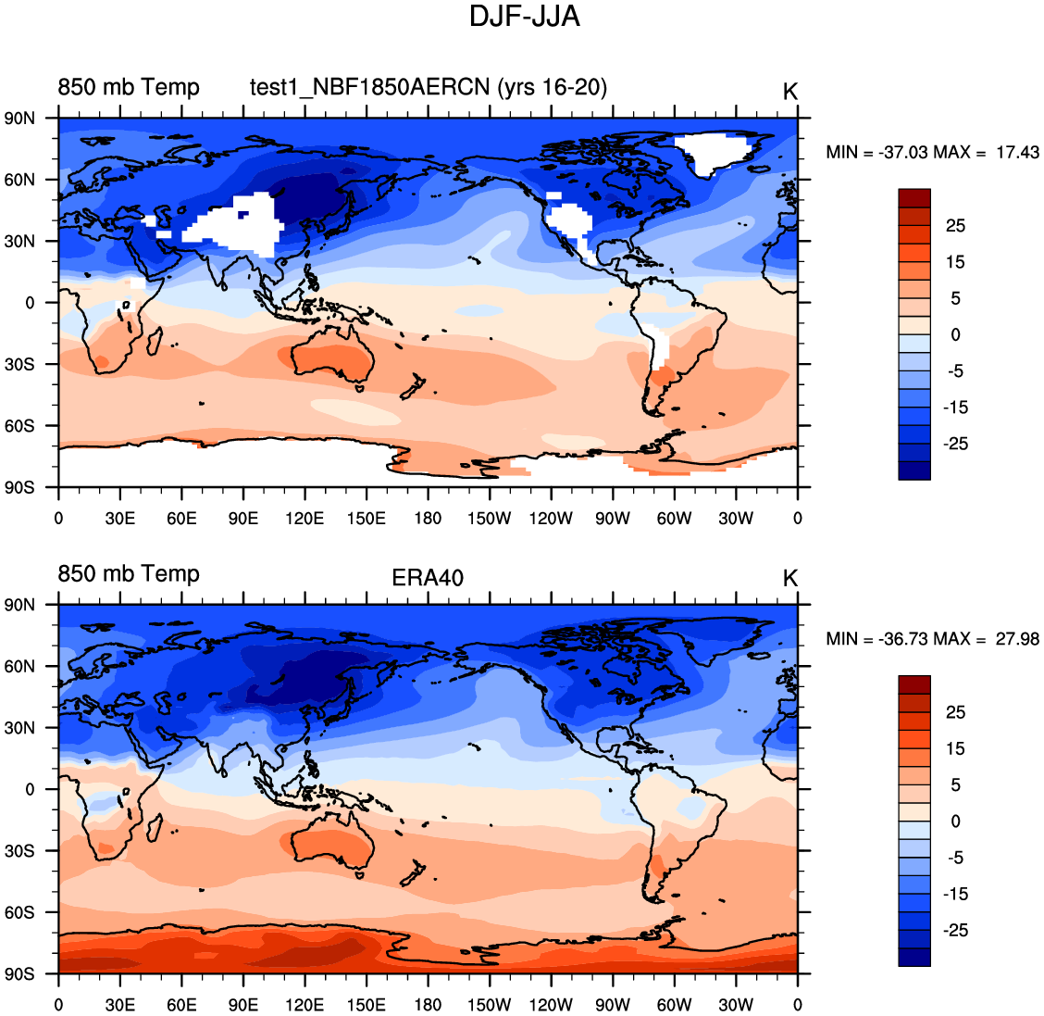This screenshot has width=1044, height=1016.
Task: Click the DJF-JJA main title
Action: point(524,17)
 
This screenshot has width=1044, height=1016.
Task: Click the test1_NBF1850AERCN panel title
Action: point(429,87)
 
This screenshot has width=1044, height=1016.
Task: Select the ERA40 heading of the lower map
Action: point(428,578)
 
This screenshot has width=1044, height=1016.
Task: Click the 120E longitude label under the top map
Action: point(304,518)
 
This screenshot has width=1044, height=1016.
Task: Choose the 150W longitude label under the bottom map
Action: point(489,1005)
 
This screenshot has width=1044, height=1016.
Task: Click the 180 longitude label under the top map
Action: point(428,518)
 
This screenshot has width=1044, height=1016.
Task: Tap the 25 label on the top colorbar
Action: point(955,226)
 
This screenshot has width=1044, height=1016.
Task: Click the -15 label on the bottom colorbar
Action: point(955,894)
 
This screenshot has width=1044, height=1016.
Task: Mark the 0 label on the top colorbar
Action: point(955,334)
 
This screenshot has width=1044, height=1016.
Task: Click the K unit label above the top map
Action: point(789,92)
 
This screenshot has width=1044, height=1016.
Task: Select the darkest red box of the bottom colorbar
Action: point(913,684)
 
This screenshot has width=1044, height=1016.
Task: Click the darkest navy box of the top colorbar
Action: point(913,470)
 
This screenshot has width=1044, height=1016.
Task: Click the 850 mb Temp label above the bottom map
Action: point(129,573)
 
